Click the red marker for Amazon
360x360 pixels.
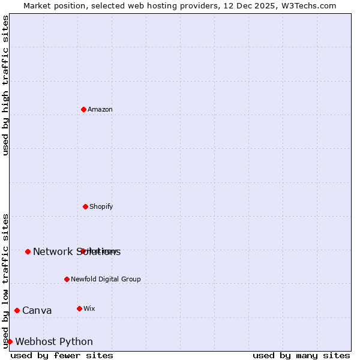pos(83,109)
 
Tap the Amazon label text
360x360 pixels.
pos(100,110)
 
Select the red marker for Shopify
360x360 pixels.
pos(85,206)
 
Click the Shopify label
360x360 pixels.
pos(101,207)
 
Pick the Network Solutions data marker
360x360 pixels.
pos(28,251)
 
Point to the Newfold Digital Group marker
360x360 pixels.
pos(67,279)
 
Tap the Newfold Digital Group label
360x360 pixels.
pos(106,280)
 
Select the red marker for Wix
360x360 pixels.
pos(79,308)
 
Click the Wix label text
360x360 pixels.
pos(89,309)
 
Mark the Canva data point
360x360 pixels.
pos(17,310)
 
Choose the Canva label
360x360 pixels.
pos(37,311)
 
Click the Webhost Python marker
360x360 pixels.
pos(10,341)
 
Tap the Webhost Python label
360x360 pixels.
pos(54,342)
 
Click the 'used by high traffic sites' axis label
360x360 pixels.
pos(6,85)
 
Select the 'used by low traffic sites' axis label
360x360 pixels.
pos(6,281)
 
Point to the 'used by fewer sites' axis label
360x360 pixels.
pos(62,355)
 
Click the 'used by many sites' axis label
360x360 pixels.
pos(301,355)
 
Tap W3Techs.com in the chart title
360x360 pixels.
pos(306,5)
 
